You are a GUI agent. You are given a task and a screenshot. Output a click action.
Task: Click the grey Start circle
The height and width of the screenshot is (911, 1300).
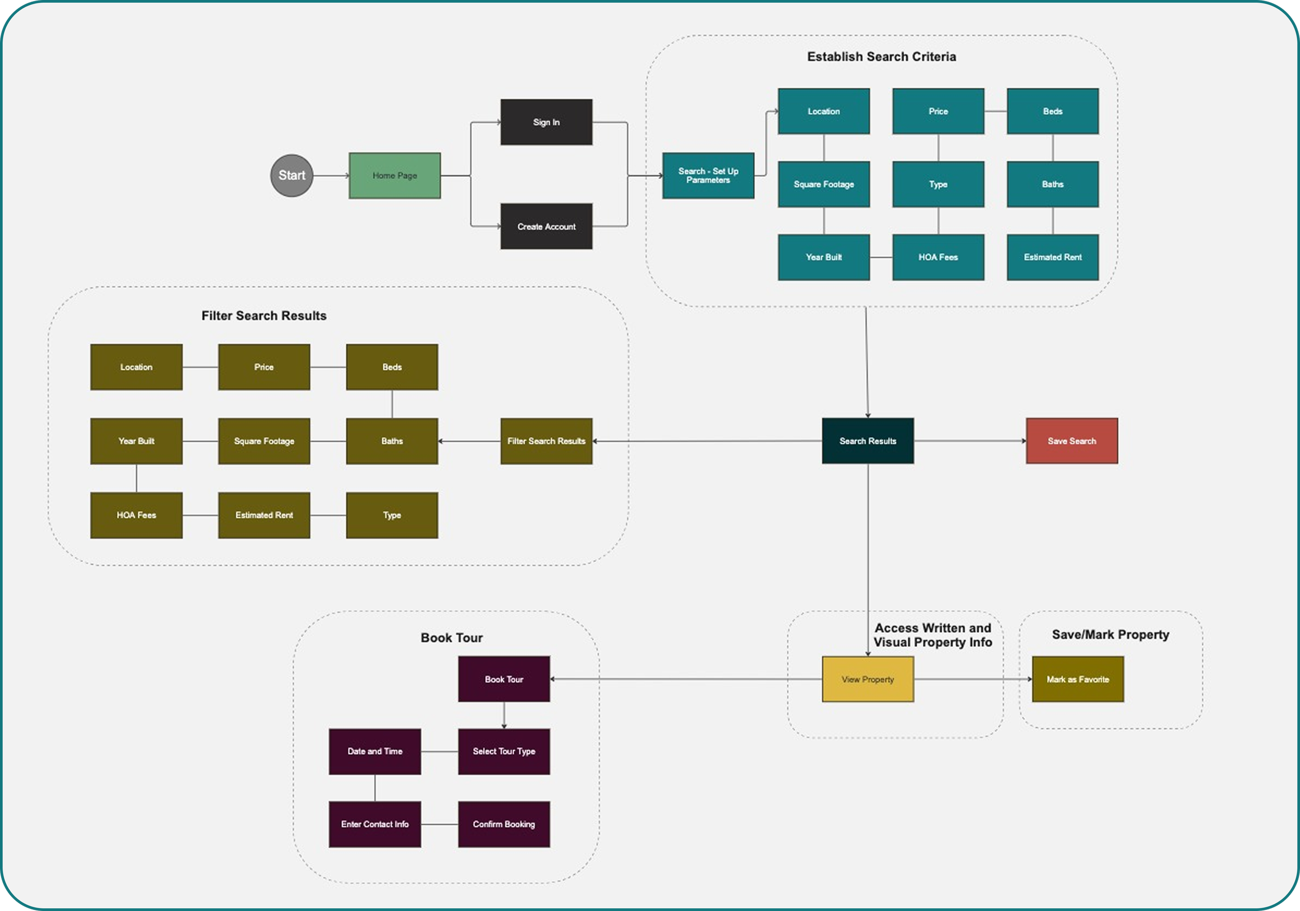point(292,176)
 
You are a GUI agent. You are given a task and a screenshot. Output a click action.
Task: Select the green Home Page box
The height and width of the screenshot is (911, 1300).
point(395,176)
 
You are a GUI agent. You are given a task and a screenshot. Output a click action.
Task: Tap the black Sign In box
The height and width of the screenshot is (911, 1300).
point(547,122)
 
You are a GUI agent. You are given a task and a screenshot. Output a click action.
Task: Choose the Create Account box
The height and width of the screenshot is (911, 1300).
point(547,227)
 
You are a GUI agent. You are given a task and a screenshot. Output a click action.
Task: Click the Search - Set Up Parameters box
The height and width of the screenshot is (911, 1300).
point(708,176)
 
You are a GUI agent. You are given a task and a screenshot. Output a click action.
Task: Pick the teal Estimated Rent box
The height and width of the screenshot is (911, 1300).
point(1052,257)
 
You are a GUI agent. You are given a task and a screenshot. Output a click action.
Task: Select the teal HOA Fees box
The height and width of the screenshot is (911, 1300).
point(938,257)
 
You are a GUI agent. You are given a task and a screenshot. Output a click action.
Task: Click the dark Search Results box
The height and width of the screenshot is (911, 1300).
point(868,441)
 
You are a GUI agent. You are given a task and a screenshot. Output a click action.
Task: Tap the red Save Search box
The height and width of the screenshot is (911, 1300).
point(1072,441)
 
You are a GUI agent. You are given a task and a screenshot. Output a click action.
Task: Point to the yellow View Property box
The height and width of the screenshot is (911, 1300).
point(868,679)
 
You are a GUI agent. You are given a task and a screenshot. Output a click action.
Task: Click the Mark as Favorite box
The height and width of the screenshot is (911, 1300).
point(1078,679)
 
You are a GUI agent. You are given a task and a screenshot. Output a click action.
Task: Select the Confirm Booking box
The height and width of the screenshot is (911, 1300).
point(504,824)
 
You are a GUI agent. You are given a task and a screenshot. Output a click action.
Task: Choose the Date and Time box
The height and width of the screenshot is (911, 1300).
point(375,751)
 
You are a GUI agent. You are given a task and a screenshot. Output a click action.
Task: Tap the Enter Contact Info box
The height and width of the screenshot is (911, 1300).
point(375,824)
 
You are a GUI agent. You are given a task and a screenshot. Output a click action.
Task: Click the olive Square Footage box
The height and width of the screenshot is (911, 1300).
point(264,441)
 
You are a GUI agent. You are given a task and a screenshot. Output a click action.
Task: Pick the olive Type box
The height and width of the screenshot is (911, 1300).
point(392,515)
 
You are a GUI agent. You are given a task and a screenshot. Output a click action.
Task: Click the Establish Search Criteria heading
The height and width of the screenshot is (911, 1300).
point(881,57)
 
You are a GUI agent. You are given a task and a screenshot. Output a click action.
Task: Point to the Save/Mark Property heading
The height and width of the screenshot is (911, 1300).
point(1110,635)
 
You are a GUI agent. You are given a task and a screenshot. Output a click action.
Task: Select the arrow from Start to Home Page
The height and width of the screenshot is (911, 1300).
point(331,176)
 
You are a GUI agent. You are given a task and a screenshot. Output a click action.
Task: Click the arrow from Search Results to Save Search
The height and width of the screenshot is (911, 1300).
point(969,441)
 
